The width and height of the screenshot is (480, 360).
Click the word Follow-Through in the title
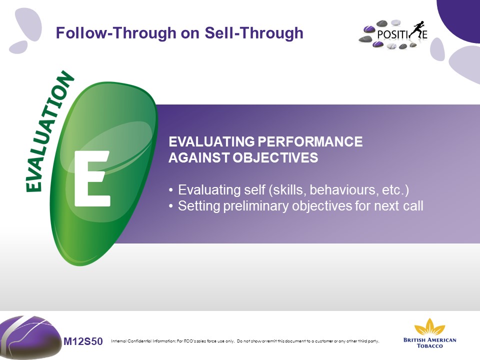pos(116,33)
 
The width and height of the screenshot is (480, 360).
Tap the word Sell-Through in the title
pos(254,33)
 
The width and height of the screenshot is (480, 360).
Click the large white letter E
pos(92,178)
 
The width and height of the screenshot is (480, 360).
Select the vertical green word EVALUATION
pos(49,131)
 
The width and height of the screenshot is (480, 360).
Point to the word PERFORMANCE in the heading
pos(310,141)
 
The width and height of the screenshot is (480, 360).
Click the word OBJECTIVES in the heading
pos(275,157)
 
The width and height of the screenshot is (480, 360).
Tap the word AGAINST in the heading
pos(199,157)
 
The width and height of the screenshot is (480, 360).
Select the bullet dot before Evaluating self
pos(171,190)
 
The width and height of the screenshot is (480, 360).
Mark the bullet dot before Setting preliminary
pos(171,206)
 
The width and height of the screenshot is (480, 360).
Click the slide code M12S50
pos(83,341)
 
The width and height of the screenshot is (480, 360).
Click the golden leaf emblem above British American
pos(429,327)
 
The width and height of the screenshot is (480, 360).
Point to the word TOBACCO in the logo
pos(430,346)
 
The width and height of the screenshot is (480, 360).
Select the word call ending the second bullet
pos(413,206)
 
